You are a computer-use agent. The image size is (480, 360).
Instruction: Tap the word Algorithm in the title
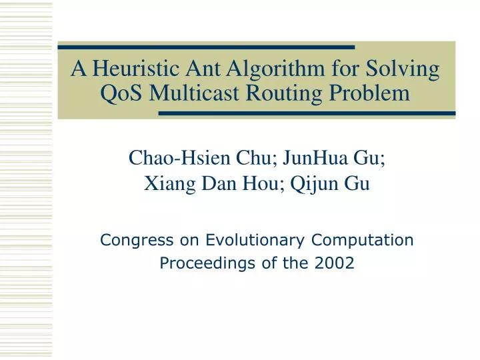tap(268, 70)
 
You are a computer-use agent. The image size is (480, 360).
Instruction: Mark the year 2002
tap(335, 264)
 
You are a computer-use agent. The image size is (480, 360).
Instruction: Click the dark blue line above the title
tap(206, 47)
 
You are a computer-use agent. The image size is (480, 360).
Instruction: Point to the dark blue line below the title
tap(307, 113)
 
